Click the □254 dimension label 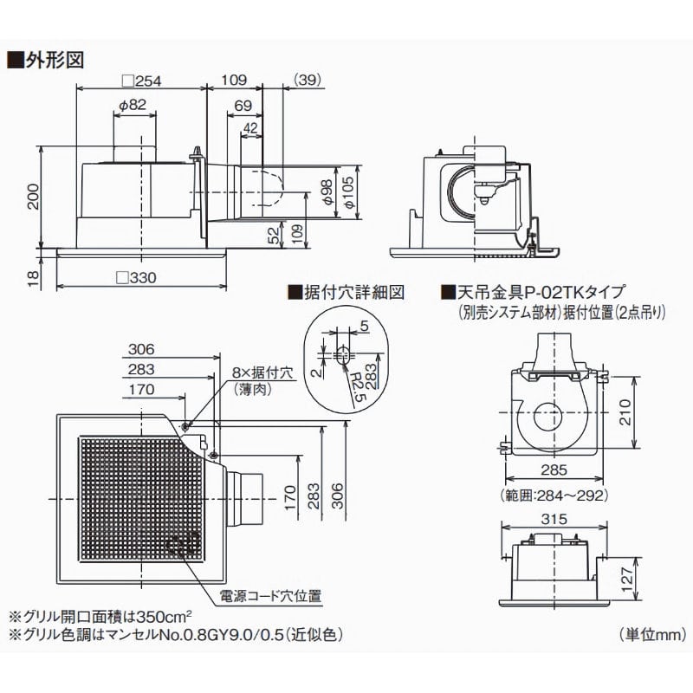(143, 81)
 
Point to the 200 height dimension (32, 198)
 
